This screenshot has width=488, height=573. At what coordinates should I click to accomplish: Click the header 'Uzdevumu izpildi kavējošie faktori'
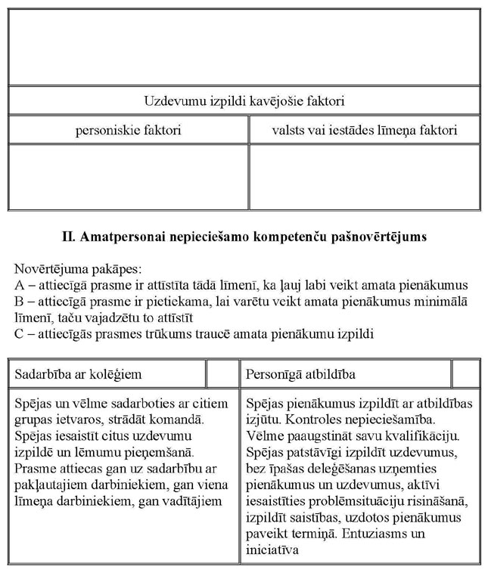pyautogui.click(x=244, y=101)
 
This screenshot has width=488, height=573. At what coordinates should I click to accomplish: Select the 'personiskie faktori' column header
pyautogui.click(x=128, y=130)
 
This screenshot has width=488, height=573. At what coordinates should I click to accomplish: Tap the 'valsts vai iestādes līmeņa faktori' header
pyautogui.click(x=365, y=130)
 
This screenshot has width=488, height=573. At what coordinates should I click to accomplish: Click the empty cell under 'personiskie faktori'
pyautogui.click(x=128, y=176)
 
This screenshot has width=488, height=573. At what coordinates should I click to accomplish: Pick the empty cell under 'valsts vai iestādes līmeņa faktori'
pyautogui.click(x=365, y=176)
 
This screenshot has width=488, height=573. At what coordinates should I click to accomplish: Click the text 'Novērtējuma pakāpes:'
pyautogui.click(x=72, y=269)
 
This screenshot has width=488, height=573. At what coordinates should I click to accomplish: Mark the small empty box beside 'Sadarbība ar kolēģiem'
pyautogui.click(x=222, y=374)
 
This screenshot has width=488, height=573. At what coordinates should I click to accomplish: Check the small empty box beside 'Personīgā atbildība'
pyautogui.click(x=465, y=374)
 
